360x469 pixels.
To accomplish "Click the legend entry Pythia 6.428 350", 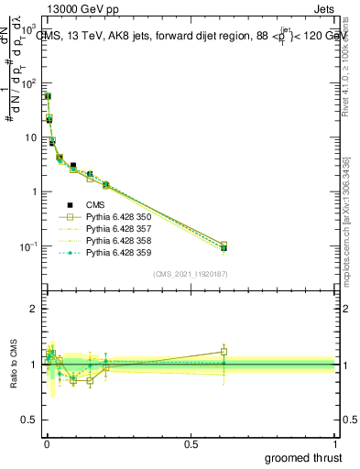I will pyautogui.click(x=115, y=218).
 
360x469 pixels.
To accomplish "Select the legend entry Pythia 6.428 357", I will pyautogui.click(x=115, y=229).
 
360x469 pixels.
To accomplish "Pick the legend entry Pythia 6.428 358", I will pyautogui.click(x=115, y=241).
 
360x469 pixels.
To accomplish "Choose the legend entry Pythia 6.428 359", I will pyautogui.click(x=115, y=253).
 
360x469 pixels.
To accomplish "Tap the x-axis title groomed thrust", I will pyautogui.click(x=303, y=457).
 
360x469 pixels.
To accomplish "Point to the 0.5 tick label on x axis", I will pyautogui.click(x=191, y=444).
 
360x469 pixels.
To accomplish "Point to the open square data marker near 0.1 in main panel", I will pyautogui.click(x=90, y=179).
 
